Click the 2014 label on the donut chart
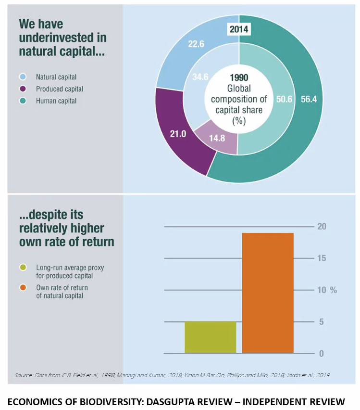click(239, 29)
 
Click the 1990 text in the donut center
click(239, 77)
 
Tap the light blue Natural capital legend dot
click(23, 77)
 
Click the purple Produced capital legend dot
click(23, 89)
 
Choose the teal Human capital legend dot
click(23, 101)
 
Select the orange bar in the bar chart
click(268, 293)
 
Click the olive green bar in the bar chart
click(211, 337)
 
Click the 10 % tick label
click(326, 290)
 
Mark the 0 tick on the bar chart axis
click(321, 354)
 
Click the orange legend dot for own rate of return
click(23, 288)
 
